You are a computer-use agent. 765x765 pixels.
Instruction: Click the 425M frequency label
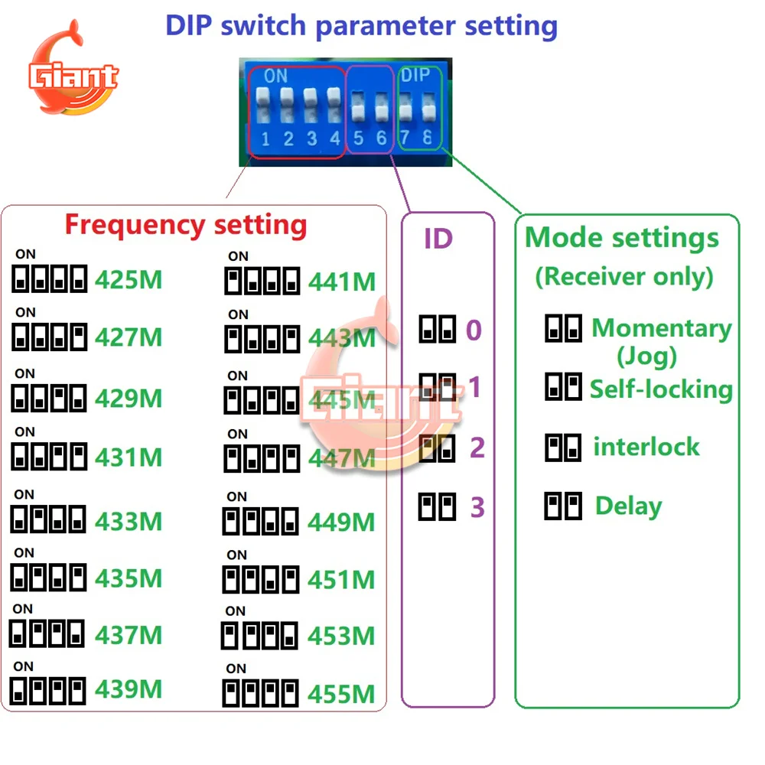129,280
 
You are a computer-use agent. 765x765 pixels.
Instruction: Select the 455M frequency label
341,694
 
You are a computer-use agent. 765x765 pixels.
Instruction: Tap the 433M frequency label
129,521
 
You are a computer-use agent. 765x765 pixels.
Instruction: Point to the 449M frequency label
341,522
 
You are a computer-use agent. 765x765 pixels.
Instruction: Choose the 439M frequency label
129,689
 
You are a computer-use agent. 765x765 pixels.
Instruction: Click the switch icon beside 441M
262,281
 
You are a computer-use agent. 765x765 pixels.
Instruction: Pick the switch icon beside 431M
49,456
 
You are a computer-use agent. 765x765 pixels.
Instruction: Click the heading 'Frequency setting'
186,226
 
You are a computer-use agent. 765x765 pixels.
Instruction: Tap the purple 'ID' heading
438,239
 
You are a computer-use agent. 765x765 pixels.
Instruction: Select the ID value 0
474,330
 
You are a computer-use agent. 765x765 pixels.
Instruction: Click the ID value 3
477,507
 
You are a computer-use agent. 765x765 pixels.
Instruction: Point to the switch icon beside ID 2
437,448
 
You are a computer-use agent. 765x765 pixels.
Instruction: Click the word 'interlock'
646,447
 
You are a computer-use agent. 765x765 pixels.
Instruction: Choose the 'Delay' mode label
628,506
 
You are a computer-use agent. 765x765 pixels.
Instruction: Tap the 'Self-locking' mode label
661,389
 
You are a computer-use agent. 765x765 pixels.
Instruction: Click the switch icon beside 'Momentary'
564,328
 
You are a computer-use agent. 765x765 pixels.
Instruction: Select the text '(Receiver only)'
624,277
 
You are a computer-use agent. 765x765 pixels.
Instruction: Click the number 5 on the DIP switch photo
359,138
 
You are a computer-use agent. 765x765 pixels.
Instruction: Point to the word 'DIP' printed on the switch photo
415,75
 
